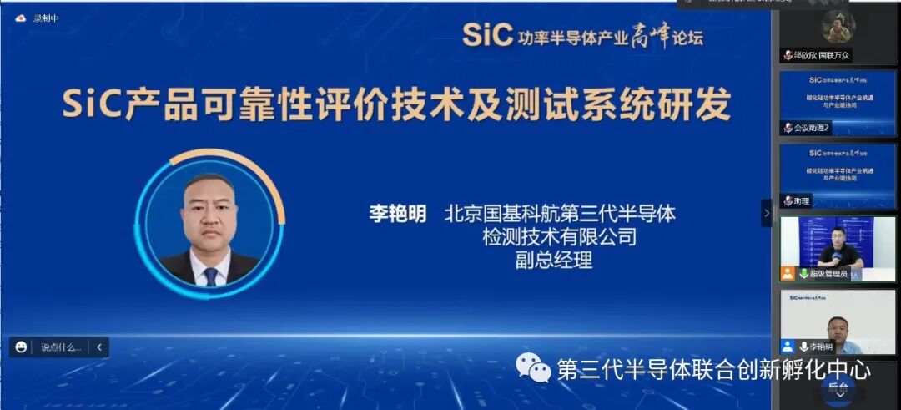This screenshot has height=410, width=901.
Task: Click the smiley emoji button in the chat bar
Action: tap(22, 347)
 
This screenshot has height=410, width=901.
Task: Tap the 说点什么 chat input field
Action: tap(60, 347)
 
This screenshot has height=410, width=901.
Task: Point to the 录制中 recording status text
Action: tap(46, 18)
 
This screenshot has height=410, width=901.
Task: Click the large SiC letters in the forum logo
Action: tap(486, 35)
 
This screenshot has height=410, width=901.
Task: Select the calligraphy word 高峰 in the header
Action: tap(650, 35)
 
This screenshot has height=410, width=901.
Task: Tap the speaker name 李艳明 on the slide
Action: tap(398, 214)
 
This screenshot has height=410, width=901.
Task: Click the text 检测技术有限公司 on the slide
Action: tap(559, 237)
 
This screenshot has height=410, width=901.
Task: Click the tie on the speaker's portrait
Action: tap(210, 275)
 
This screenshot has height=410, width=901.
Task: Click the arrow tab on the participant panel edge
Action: tap(766, 213)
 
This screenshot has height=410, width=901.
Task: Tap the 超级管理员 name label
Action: tap(828, 273)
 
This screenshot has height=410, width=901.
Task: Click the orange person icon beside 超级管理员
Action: tap(787, 273)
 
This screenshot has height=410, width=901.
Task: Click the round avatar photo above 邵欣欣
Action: tap(838, 28)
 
